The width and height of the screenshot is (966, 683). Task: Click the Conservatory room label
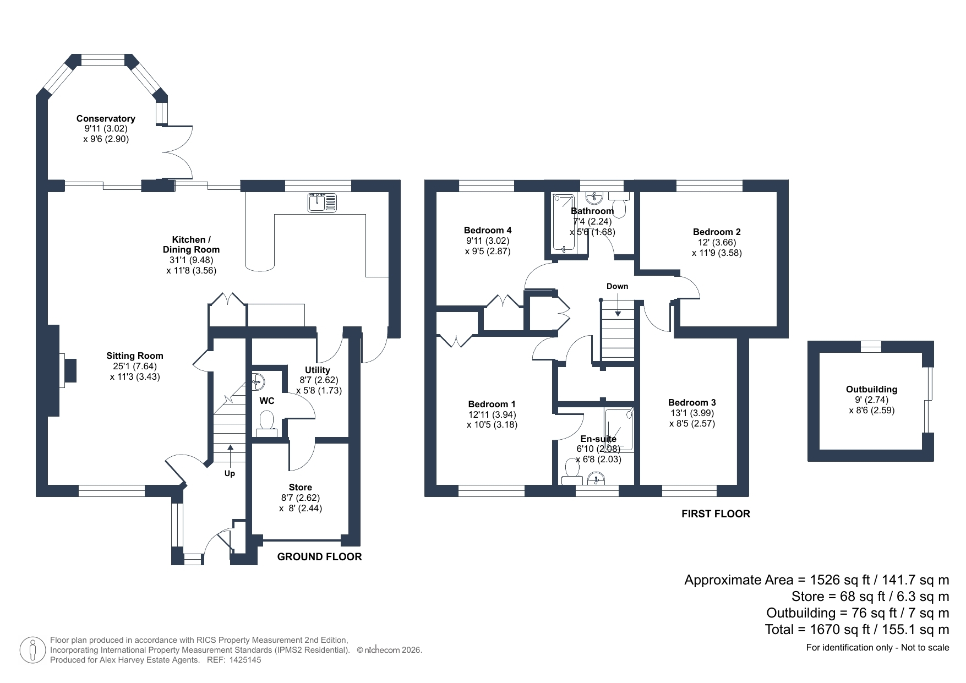106,118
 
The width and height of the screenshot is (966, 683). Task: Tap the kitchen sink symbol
322,202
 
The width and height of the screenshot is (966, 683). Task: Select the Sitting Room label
135,356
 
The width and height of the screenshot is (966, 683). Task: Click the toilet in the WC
267,423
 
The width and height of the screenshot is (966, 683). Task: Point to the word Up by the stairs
230,473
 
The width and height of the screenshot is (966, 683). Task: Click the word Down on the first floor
617,286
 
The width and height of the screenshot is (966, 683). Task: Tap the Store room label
301,487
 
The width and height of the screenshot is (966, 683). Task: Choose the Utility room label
318,370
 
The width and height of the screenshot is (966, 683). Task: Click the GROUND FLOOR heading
319,557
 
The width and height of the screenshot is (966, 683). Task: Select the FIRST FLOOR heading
716,514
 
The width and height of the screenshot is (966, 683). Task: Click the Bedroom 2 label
717,232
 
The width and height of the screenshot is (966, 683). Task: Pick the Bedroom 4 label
488,230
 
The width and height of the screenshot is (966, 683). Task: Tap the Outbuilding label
871,389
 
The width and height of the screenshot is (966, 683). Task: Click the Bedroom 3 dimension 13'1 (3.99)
692,413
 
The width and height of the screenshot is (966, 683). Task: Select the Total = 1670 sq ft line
857,629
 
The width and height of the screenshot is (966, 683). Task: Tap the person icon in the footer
32,651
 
